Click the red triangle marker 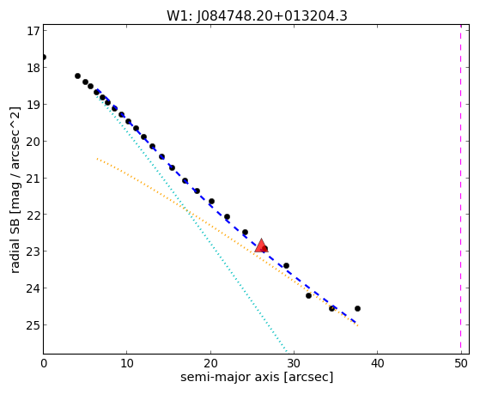(x=261, y=245)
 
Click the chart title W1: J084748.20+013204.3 (x=257, y=15)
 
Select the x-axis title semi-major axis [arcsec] (x=257, y=377)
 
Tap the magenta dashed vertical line (x=461, y=189)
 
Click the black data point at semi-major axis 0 (x=44, y=57)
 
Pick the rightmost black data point (x=357, y=308)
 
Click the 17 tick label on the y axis (x=33, y=31)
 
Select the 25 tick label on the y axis (x=33, y=324)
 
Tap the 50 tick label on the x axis (x=461, y=363)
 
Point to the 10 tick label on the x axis (x=127, y=363)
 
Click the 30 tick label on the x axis (x=294, y=363)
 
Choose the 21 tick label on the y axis (x=33, y=178)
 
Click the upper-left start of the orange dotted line (x=97, y=159)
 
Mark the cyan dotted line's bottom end (x=287, y=353)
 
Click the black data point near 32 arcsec (x=308, y=295)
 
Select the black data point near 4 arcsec (x=77, y=76)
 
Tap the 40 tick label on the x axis (x=377, y=363)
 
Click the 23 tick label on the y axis (x=33, y=252)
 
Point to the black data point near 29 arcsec (x=286, y=265)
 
